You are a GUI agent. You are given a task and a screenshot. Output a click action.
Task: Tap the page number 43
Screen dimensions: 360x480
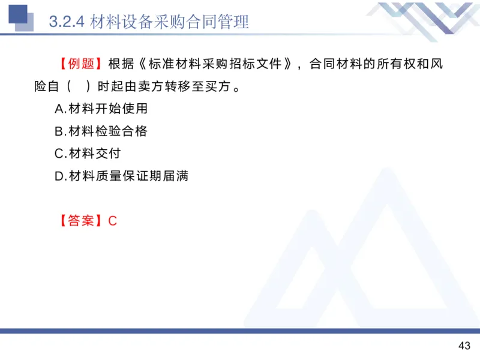pos(464,346)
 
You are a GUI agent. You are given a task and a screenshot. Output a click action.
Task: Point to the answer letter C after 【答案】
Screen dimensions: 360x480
pos(112,221)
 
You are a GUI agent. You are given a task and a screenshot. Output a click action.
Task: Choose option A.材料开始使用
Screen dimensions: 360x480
pos(101,109)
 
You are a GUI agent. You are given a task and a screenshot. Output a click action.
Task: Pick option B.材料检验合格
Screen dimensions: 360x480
pos(101,131)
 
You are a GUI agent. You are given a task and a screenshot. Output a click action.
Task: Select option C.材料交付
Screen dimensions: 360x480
pos(88,154)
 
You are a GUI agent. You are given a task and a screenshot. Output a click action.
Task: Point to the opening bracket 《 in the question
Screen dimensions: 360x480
pos(141,64)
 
